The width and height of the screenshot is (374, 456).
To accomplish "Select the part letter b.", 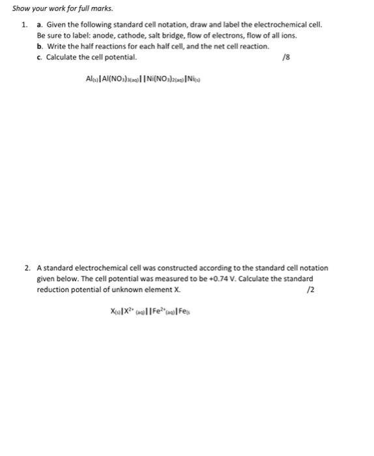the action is coord(40,47).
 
